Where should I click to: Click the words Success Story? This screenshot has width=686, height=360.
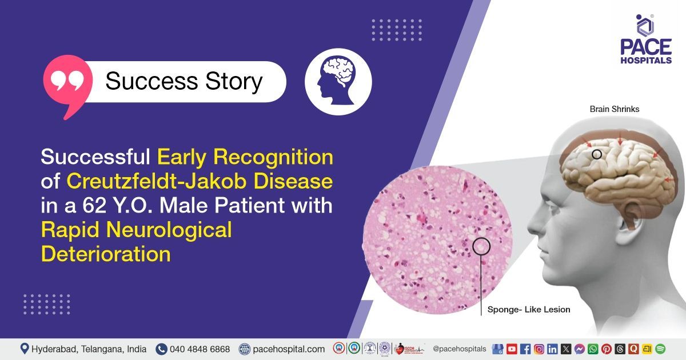tap(184, 82)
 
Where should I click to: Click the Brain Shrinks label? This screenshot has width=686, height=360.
tap(615, 109)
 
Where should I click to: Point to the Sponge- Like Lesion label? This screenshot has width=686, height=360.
tap(528, 310)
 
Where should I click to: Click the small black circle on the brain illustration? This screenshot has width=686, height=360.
tap(596, 154)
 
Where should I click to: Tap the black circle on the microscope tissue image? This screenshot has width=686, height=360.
tap(481, 246)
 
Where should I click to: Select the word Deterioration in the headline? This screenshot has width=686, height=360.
tap(105, 253)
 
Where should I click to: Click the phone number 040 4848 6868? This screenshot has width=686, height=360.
tap(200, 349)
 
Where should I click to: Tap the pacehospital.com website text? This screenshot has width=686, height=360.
tap(289, 349)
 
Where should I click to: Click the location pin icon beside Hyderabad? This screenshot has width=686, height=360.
tap(25, 349)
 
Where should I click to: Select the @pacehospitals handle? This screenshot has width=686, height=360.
tap(459, 349)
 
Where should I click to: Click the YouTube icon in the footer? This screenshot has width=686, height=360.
tap(512, 349)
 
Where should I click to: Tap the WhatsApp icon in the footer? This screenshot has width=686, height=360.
tap(593, 349)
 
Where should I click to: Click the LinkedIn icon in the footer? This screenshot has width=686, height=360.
tap(552, 349)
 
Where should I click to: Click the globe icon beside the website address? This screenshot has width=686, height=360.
tap(245, 349)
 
